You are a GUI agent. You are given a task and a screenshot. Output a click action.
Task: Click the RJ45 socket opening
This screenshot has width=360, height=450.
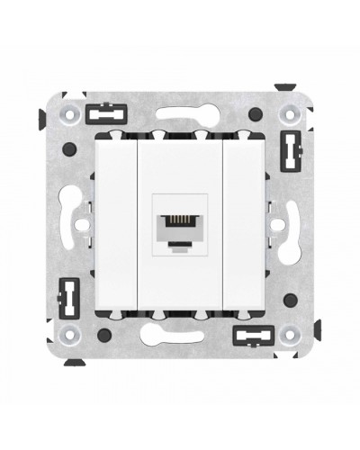(x=179, y=223)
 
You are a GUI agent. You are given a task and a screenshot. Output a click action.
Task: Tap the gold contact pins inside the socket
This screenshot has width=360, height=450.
(x=179, y=216)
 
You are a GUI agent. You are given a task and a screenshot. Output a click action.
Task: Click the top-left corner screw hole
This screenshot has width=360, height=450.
(x=64, y=114)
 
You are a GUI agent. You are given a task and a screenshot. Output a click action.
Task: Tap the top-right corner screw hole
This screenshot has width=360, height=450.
(x=296, y=114)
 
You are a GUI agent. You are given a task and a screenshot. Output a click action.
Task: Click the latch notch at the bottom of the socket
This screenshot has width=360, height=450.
(x=179, y=239)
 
